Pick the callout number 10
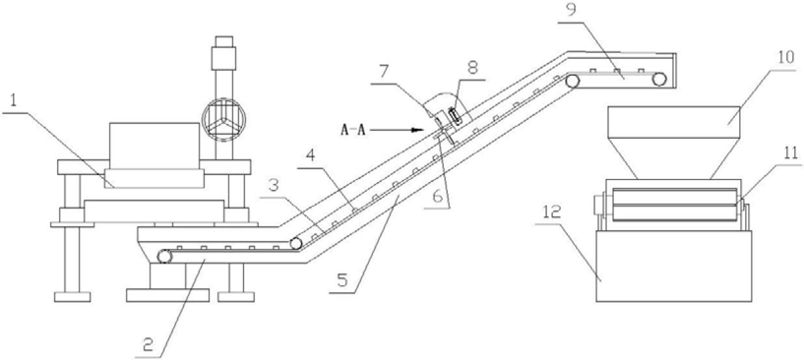(786, 56)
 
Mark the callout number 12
(555, 212)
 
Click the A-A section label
(353, 130)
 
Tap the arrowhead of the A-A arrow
(419, 130)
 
